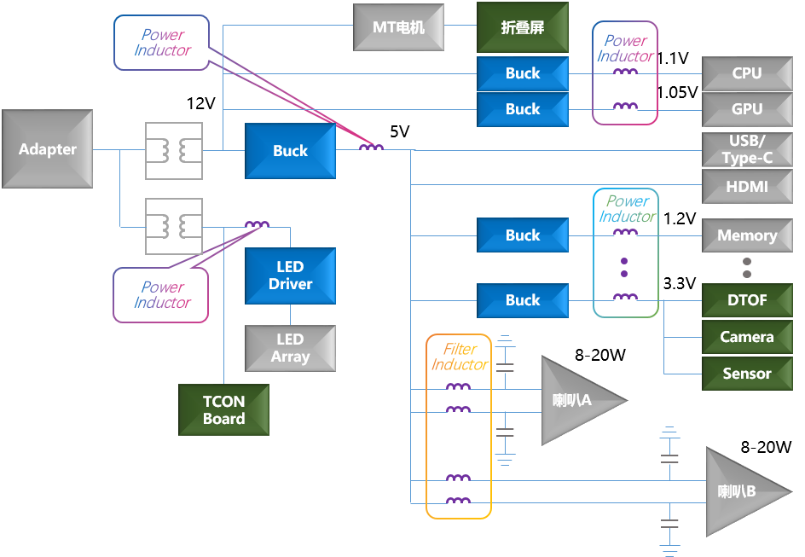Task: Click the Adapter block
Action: coord(48,149)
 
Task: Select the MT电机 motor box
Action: coord(399,27)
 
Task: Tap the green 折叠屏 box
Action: coord(523,27)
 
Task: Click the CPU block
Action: coord(747,73)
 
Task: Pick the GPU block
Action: coord(747,109)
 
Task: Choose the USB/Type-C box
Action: coord(747,149)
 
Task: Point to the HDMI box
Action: coord(747,186)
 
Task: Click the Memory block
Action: coord(747,235)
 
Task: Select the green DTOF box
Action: coord(747,300)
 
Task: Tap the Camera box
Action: coord(747,337)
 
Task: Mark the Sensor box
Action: coord(747,374)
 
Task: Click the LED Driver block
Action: coord(290,276)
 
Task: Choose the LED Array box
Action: coord(290,348)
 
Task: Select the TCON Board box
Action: coord(223,409)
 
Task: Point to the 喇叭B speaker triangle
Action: coord(738,491)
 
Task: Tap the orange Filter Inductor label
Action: coord(459,357)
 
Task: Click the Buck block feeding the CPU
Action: coord(523,73)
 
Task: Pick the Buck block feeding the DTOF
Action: coord(523,300)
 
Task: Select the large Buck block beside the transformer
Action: coord(290,151)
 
